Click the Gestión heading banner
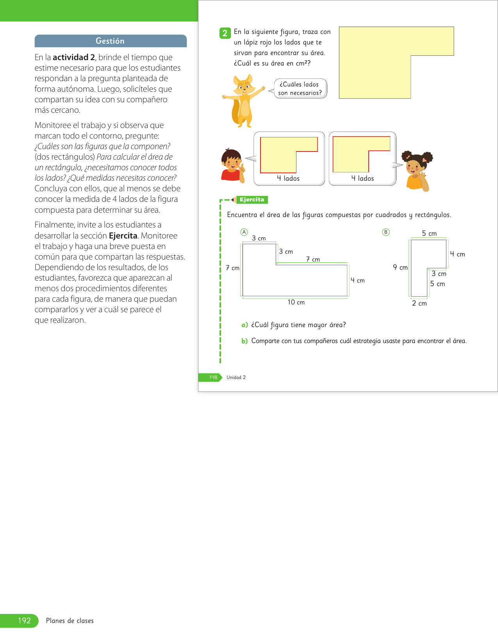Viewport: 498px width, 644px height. [x=111, y=41]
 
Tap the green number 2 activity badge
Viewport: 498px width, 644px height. [x=225, y=33]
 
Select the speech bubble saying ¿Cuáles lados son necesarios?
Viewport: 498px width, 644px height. [x=300, y=89]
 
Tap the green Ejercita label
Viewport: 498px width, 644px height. [x=252, y=200]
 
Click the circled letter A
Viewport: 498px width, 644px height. [x=244, y=232]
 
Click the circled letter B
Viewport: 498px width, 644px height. [x=386, y=232]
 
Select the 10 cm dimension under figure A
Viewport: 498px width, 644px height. [x=296, y=302]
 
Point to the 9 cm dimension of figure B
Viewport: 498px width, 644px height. [x=400, y=267]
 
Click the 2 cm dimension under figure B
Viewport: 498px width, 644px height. [x=419, y=303]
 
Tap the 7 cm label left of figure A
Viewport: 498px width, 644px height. [x=232, y=268]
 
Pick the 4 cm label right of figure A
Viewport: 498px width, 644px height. [x=357, y=280]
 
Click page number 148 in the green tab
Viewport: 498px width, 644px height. [x=213, y=377]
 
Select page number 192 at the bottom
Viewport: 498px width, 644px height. [x=24, y=621]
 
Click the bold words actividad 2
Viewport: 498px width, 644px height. [x=74, y=57]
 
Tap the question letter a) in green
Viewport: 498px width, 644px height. [x=245, y=325]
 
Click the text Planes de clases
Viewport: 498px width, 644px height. [x=70, y=621]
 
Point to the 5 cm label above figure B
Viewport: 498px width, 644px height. [x=429, y=233]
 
